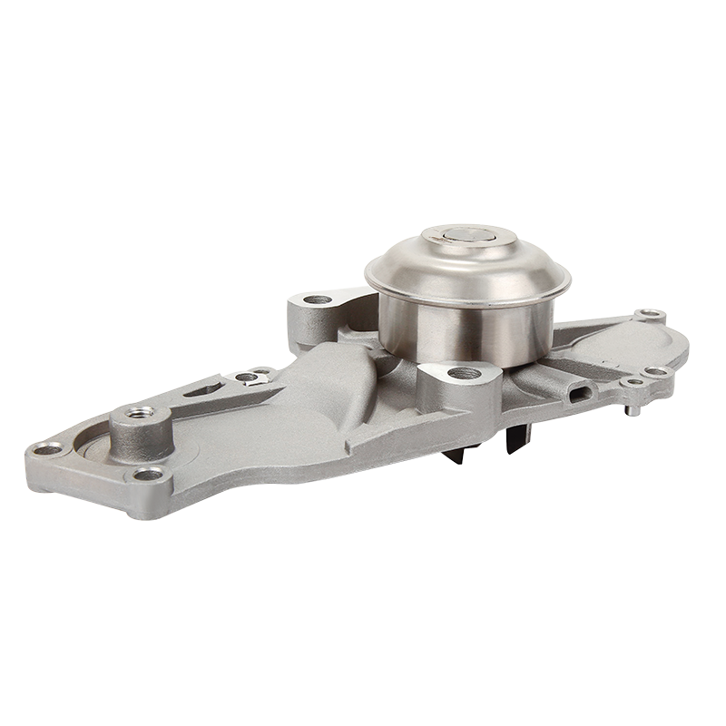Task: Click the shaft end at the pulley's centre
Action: tap(468, 238)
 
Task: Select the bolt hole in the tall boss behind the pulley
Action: tap(318, 299)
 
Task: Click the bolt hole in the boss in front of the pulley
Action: tap(464, 372)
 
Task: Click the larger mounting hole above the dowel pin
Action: tap(655, 371)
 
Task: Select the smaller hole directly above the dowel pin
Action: tap(633, 382)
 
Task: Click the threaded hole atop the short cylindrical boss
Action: tap(141, 413)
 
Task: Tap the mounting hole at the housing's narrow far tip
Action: tap(46, 448)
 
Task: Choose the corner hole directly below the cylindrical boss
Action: tap(148, 474)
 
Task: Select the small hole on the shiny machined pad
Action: tap(246, 376)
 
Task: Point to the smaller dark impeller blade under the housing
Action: tap(454, 454)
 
